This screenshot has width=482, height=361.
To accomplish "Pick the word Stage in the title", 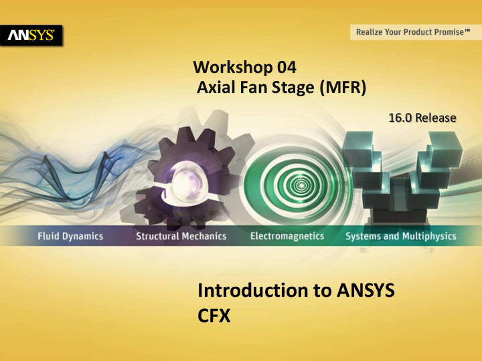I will pyautogui.click(x=285, y=87).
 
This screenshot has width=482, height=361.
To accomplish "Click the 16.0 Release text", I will pyautogui.click(x=422, y=118).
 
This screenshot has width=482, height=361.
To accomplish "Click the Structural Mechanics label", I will pyautogui.click(x=181, y=236).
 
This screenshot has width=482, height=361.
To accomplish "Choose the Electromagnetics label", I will pyautogui.click(x=287, y=236).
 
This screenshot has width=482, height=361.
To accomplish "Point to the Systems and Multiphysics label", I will pyautogui.click(x=400, y=236).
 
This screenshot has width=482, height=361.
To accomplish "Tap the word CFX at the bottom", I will pyautogui.click(x=214, y=315).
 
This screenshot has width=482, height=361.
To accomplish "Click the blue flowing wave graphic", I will pyautogui.click(x=60, y=164).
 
